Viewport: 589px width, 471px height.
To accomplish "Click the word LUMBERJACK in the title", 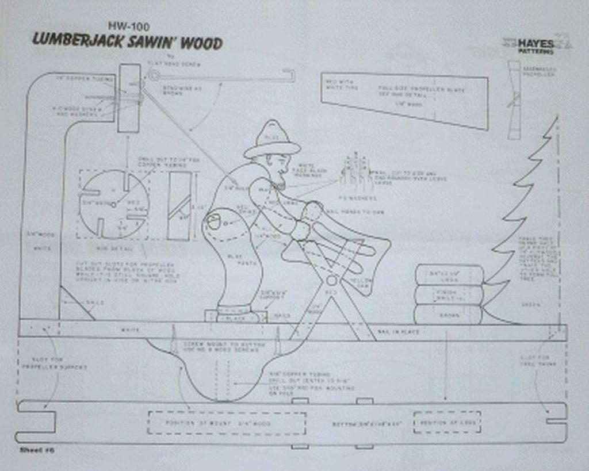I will pyautogui.click(x=72, y=40).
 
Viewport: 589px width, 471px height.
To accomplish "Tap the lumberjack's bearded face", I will pyautogui.click(x=280, y=170).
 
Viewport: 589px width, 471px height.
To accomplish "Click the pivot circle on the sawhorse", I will pyautogui.click(x=331, y=280).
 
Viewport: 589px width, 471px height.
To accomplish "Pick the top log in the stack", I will pyautogui.click(x=449, y=274).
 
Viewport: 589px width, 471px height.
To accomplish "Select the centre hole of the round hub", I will pyautogui.click(x=113, y=204).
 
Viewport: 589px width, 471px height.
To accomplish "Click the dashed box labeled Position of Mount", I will pyautogui.click(x=227, y=423).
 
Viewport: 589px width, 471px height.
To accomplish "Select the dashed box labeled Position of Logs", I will pyautogui.click(x=446, y=423).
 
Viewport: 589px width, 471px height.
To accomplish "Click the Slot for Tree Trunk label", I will pyautogui.click(x=538, y=360).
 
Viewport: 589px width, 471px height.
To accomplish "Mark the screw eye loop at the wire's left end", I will pyautogui.click(x=154, y=75).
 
